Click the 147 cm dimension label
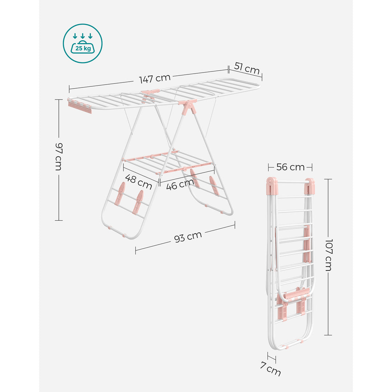pos(155,78)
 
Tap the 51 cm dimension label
pos(247,69)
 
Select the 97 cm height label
pos(59,157)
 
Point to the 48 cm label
pos(138,182)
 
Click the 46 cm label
pos(180,184)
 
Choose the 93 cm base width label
pos(188,237)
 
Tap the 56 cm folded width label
pos(290,167)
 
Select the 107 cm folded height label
pos(328,255)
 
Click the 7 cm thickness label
pos(270,369)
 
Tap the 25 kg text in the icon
pos(83,48)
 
